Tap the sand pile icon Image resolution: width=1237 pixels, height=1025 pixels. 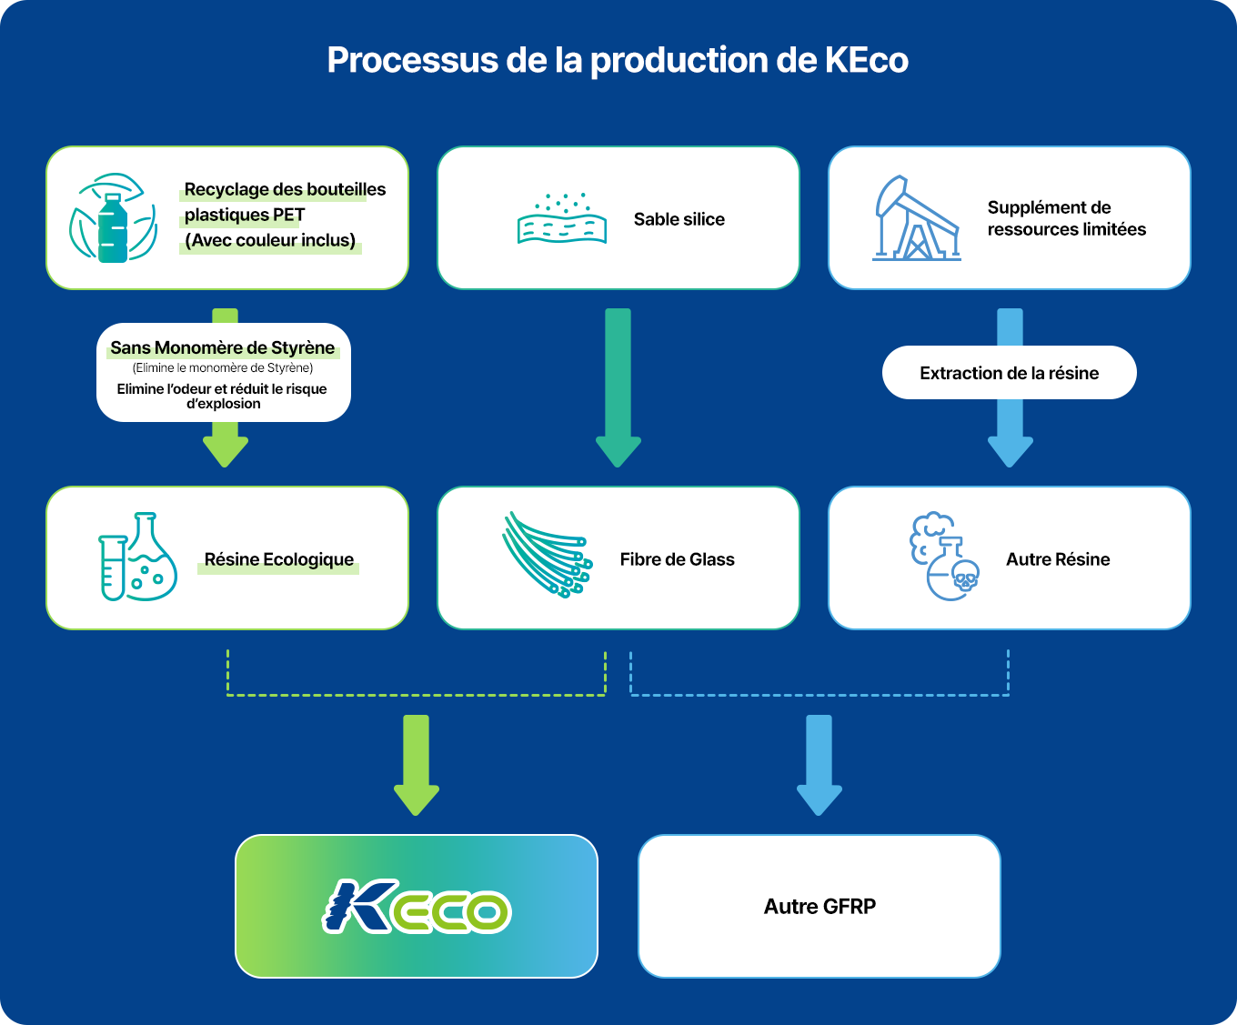[x=562, y=219]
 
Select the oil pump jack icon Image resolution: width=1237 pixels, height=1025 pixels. [x=916, y=219]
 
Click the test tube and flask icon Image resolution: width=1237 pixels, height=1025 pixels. [x=137, y=557]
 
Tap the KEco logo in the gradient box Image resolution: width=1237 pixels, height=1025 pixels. [x=417, y=906]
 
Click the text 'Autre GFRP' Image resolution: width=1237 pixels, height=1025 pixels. [x=820, y=907]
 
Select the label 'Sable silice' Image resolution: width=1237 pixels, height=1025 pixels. [x=679, y=219]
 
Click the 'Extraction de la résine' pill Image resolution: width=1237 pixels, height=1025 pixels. [x=1009, y=373]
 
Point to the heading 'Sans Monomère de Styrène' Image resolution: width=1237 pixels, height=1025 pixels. [x=223, y=347]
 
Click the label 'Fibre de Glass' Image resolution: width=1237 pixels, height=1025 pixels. [x=678, y=559]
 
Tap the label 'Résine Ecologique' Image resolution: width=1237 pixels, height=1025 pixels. [x=278, y=559]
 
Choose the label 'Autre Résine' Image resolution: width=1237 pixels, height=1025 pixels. [x=1058, y=559]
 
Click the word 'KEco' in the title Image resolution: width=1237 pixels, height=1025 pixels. [x=866, y=60]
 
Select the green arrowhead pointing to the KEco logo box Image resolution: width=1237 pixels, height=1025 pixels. [x=417, y=798]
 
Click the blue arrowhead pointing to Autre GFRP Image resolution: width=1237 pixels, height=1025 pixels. [x=819, y=798]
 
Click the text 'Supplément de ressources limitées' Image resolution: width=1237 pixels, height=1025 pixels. [x=1066, y=218]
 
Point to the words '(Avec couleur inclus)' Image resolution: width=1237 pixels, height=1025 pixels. [x=270, y=240]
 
